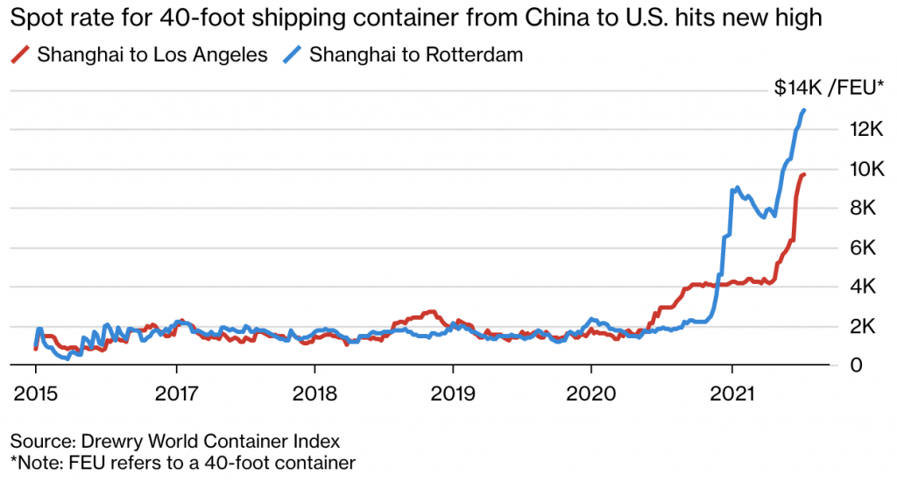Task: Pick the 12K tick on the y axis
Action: pyautogui.click(x=865, y=130)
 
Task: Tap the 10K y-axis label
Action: pyautogui.click(x=865, y=169)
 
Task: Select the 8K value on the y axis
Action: pyautogui.click(x=870, y=209)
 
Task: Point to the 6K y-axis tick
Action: pyautogui.click(x=870, y=248)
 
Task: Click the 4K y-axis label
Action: pyautogui.click(x=870, y=287)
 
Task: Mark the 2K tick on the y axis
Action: pyautogui.click(x=870, y=326)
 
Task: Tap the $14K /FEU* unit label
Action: pyautogui.click(x=829, y=87)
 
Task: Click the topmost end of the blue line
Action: pyautogui.click(x=804, y=110)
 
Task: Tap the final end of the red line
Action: pyautogui.click(x=805, y=174)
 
